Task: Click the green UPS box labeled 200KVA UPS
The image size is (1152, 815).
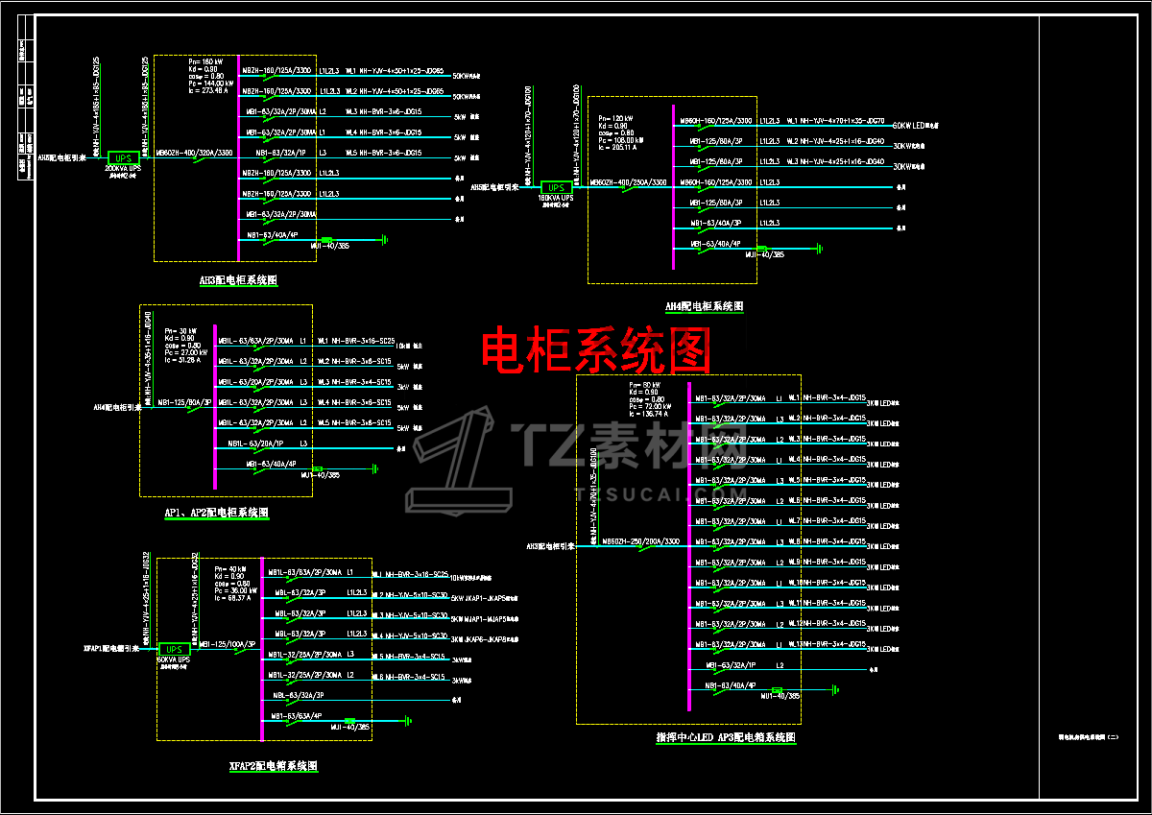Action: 123,157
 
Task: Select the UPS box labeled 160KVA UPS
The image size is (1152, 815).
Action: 556,187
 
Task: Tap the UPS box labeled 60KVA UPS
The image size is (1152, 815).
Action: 174,649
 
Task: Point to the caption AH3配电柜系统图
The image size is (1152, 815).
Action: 238,280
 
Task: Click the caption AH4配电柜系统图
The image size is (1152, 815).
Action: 705,306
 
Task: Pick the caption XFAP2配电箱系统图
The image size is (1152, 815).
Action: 273,766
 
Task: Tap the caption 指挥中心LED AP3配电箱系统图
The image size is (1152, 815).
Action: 726,737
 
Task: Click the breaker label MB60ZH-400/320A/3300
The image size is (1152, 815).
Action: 194,153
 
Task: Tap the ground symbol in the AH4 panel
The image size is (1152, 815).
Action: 819,249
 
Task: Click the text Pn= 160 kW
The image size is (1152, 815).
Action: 207,61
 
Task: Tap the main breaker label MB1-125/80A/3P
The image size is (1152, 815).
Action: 184,402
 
